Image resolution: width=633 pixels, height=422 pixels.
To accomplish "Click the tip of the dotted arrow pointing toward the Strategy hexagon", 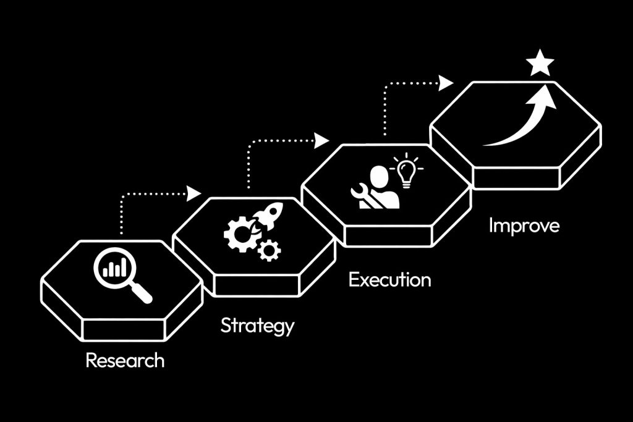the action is tap(201, 193).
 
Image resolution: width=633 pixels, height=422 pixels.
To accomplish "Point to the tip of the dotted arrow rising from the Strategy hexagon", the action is tap(329, 140).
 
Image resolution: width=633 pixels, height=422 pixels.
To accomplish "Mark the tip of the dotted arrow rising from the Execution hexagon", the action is tap(454, 83).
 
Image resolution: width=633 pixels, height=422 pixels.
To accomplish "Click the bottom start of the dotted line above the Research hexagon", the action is tap(121, 234).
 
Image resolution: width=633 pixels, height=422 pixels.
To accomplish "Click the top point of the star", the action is tap(540, 49).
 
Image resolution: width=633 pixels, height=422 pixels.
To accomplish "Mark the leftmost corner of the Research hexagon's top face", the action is tap(43, 280).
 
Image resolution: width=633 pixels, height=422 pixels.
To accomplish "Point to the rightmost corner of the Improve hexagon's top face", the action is tap(600, 127).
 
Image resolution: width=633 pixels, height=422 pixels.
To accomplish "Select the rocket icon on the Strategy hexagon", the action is tap(267, 218).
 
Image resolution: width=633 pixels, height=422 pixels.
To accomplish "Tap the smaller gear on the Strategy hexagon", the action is tap(270, 250).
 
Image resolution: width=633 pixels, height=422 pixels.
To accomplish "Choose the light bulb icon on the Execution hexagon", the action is tap(407, 171).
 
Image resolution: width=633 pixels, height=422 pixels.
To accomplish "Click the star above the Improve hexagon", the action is tap(540, 62).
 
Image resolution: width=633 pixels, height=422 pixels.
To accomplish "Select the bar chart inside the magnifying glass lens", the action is tap(114, 268).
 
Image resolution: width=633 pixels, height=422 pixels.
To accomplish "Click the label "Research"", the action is tap(125, 360).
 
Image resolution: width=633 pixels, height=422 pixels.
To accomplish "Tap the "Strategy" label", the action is tap(258, 326).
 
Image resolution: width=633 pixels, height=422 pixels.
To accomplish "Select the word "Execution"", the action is tap(390, 280).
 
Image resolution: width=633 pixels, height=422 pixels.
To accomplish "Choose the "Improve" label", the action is tap(524, 226).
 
